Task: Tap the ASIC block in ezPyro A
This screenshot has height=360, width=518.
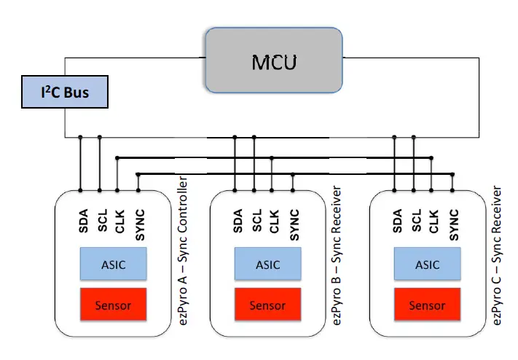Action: (x=113, y=264)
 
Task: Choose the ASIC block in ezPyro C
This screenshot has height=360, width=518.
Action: (x=427, y=264)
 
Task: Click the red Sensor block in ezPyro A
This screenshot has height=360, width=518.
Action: (x=113, y=305)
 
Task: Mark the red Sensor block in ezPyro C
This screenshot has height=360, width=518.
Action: (x=427, y=305)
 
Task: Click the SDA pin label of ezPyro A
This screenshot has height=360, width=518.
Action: (x=82, y=222)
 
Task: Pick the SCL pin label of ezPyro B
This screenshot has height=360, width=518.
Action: (x=255, y=222)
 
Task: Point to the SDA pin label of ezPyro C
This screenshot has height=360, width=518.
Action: (x=396, y=222)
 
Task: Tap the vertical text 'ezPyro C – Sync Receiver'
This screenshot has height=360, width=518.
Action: (x=498, y=255)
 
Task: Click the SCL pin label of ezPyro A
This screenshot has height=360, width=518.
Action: (x=101, y=222)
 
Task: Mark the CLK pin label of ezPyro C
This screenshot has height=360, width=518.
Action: (x=433, y=222)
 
